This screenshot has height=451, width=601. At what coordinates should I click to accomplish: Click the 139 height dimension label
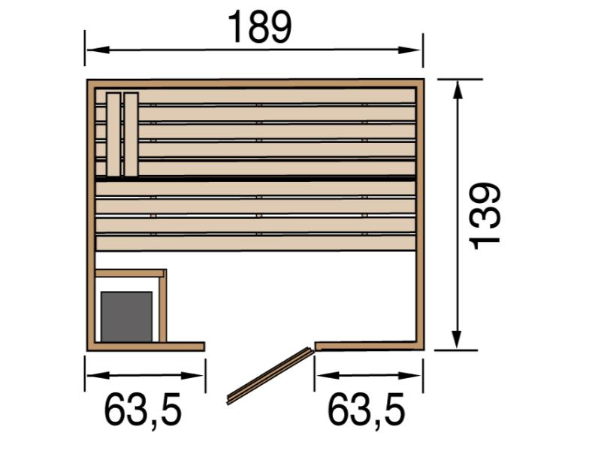[485, 214]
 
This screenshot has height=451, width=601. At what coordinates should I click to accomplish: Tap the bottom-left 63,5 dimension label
[143, 410]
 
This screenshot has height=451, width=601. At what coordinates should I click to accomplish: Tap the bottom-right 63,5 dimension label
[367, 410]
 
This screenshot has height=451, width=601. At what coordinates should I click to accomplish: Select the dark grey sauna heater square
[126, 316]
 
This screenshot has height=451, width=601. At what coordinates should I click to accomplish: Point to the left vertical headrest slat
[113, 135]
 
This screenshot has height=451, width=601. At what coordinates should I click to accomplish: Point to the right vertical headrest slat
[131, 135]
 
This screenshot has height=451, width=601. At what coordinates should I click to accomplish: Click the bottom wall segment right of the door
[368, 346]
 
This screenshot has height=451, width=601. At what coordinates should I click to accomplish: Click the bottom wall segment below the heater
[146, 347]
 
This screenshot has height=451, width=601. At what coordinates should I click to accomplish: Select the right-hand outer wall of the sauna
[420, 214]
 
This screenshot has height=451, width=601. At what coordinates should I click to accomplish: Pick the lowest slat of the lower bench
[255, 243]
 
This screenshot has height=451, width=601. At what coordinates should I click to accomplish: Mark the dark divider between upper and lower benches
[255, 178]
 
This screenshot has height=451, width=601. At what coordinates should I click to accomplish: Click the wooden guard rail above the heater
[129, 273]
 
